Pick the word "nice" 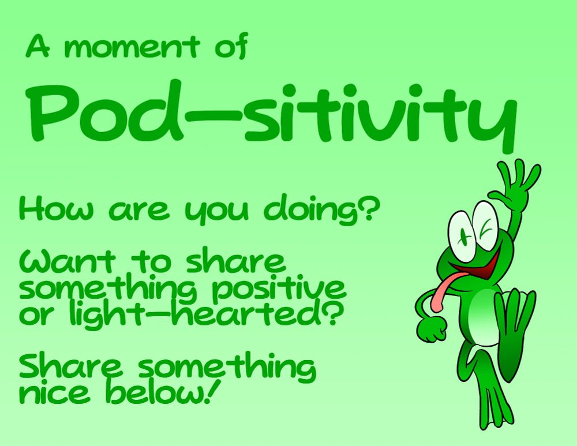pos(55,392)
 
